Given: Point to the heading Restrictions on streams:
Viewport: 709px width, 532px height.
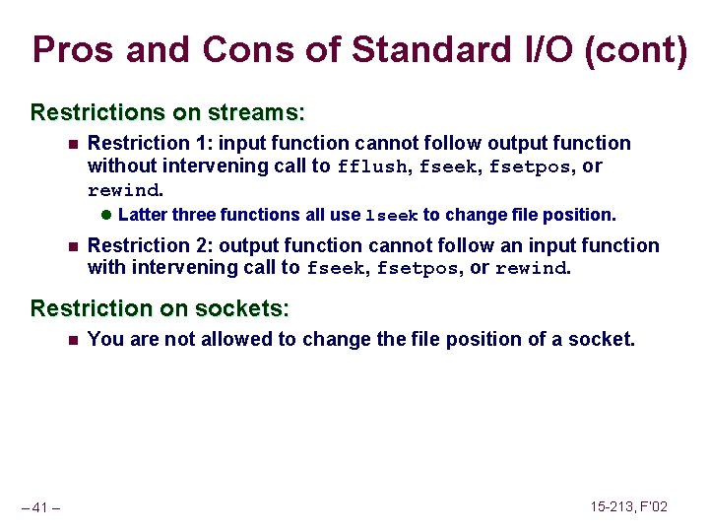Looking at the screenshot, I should coord(167,111).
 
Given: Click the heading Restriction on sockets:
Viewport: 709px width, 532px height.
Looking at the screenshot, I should coord(160,308).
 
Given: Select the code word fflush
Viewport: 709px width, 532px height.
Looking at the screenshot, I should coord(372,167).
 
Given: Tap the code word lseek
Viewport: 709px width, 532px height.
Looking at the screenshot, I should coord(392,216).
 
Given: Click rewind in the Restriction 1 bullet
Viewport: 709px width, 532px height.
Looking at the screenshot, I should coord(123,190).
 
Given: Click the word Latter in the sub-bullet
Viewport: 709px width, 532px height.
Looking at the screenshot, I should coord(142,215).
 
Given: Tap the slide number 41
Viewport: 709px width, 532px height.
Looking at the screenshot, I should coord(40,507).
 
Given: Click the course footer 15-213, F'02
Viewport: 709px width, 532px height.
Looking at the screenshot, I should coord(628,506).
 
